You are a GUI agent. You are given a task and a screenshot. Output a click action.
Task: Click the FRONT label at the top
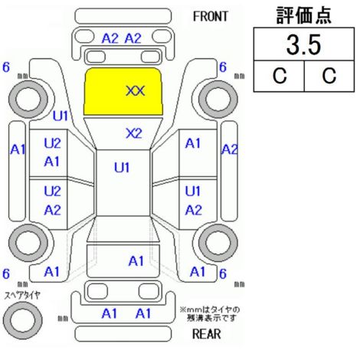211,17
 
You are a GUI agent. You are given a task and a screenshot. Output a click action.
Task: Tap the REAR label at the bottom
206,333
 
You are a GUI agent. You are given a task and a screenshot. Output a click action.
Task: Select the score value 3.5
303,44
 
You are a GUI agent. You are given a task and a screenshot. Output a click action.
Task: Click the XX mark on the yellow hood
136,90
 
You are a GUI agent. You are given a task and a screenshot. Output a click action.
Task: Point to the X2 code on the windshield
134,133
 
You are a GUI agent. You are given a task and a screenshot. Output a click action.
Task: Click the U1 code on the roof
122,168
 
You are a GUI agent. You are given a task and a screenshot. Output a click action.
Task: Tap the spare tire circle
22,320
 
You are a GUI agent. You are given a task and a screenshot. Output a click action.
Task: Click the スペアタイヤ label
22,296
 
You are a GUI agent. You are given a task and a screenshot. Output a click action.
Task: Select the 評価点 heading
303,15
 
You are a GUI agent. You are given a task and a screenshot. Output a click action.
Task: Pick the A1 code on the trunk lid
136,261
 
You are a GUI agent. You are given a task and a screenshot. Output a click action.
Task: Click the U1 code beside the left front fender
61,116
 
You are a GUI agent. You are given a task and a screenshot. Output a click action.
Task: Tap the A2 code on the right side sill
229,149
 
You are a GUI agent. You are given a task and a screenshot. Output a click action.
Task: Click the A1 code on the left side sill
18,149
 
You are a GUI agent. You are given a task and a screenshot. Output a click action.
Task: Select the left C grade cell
279,76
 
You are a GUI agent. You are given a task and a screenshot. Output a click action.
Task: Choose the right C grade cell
329,76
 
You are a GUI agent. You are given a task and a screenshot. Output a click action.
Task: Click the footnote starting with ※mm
210,314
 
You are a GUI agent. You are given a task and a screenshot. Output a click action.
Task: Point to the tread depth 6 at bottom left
6,273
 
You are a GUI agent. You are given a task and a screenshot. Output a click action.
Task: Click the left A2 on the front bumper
110,39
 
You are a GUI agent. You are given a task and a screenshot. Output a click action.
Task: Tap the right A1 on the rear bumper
143,313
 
